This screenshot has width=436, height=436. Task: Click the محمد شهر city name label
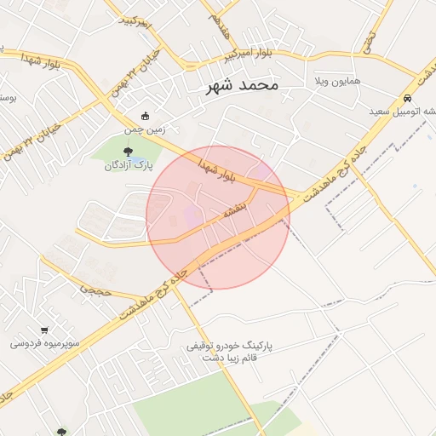coord(243,86)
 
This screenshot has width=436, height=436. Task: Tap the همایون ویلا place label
coord(338,81)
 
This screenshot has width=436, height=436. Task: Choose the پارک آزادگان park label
coord(129,165)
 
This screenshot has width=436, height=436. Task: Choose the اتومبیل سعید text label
coord(403,112)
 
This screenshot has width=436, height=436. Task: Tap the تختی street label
coord(369,37)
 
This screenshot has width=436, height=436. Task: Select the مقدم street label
coord(220,33)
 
